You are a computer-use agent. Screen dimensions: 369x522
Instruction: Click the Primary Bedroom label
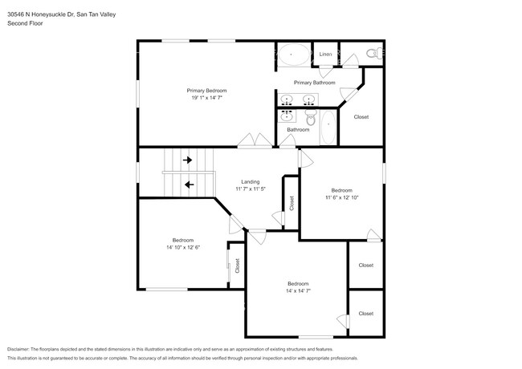point(207,91)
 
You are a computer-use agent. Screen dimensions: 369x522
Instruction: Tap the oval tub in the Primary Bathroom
point(293,55)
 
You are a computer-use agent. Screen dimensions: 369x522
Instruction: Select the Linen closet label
point(325,55)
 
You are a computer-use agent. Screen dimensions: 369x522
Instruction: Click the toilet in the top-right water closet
point(371,54)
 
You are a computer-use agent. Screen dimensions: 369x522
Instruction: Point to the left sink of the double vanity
point(288,100)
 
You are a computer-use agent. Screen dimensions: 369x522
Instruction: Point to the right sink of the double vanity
point(308,100)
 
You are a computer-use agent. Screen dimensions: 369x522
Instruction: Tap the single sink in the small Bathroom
point(288,116)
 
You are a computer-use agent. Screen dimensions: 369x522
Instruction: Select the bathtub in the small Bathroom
point(328,128)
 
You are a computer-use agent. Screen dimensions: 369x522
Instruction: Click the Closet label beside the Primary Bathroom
point(361,117)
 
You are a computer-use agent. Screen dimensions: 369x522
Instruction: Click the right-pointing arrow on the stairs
point(188,160)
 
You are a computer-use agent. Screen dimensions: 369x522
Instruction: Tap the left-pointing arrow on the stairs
point(190,184)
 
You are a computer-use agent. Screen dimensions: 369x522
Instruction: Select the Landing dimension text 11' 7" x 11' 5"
point(250,189)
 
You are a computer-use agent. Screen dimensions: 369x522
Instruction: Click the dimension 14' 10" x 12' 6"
point(184,247)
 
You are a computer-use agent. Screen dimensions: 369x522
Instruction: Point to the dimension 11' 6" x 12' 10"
point(342,197)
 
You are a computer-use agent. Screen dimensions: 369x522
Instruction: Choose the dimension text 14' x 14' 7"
point(298,291)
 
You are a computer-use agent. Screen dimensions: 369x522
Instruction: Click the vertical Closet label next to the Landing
point(292,203)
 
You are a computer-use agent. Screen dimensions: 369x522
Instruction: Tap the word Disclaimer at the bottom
point(22,350)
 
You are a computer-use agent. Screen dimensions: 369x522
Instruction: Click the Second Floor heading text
point(25,23)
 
